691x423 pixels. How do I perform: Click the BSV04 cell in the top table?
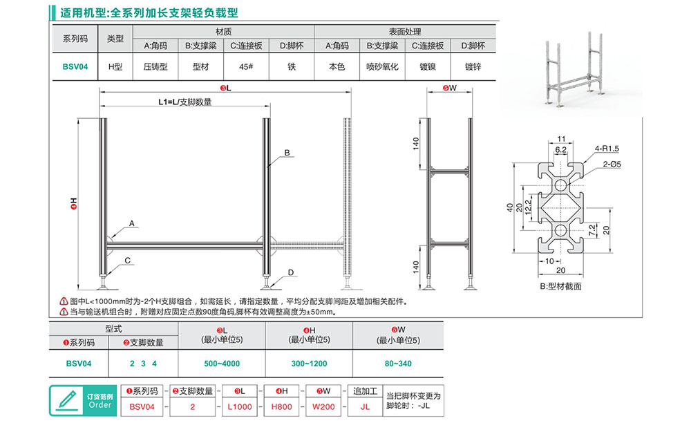point(75,68)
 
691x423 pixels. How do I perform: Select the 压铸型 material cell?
point(155,68)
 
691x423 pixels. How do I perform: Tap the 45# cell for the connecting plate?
point(244,68)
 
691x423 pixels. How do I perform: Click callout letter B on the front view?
point(287,152)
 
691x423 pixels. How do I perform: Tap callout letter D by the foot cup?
point(291,273)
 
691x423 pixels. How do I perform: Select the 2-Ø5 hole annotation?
point(609,164)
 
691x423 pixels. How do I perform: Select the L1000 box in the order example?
point(239,406)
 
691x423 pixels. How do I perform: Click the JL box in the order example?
point(365,406)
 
